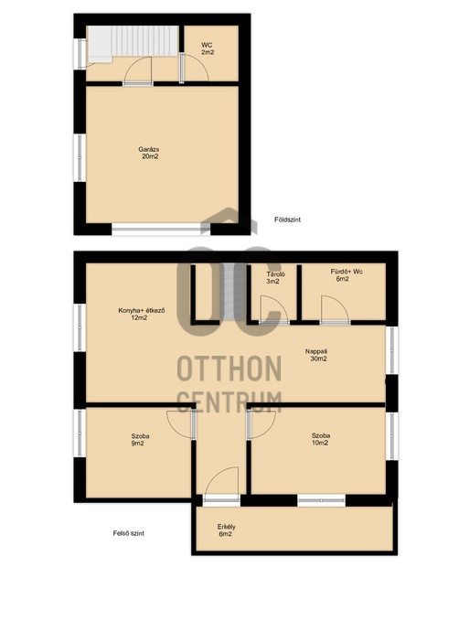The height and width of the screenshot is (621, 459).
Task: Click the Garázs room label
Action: coord(149,153)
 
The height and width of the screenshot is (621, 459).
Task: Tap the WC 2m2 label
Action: coord(208,48)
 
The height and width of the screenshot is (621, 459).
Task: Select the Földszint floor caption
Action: coord(287,219)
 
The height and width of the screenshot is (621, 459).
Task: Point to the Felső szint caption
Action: coord(128,533)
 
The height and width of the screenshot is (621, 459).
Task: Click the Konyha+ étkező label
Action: coord(142,314)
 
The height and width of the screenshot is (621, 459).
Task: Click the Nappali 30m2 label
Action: coord(316,355)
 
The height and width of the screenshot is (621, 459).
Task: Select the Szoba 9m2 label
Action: coord(140,440)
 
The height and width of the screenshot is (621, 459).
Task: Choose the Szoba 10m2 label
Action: coord(321,439)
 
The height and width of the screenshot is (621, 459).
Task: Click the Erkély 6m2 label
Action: coord(226,530)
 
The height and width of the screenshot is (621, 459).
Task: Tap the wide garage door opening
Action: coord(161,229)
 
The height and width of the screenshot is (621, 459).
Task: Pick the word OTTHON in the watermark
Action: coord(229,369)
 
